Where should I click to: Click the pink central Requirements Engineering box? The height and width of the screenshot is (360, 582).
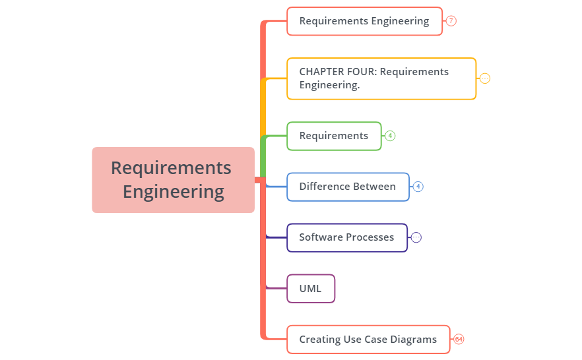pyautogui.click(x=173, y=179)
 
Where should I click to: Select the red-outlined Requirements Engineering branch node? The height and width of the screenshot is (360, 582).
pyautogui.click(x=364, y=21)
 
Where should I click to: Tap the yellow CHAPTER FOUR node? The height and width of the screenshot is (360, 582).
pyautogui.click(x=381, y=78)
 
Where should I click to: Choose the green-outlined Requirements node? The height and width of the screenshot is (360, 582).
pyautogui.click(x=334, y=136)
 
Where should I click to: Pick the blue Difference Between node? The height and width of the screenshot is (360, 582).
pyautogui.click(x=348, y=187)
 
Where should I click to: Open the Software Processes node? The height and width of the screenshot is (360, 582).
pyautogui.click(x=346, y=237)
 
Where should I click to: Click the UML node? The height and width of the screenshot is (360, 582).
pyautogui.click(x=311, y=289)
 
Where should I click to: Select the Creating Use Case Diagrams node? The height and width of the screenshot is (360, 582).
pyautogui.click(x=368, y=340)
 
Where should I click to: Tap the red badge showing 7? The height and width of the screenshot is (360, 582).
pyautogui.click(x=451, y=21)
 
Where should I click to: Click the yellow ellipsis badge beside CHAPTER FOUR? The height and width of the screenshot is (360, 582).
pyautogui.click(x=485, y=78)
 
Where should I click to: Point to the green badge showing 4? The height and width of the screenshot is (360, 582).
pyautogui.click(x=391, y=136)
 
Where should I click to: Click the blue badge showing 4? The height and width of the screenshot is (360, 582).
pyautogui.click(x=418, y=187)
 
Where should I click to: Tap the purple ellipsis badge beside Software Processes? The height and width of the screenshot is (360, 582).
pyautogui.click(x=416, y=237)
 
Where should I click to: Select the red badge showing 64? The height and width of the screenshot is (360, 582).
pyautogui.click(x=459, y=340)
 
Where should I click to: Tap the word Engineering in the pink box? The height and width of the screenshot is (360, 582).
pyautogui.click(x=174, y=192)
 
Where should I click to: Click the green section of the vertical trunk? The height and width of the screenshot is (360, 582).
pyautogui.click(x=263, y=155)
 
